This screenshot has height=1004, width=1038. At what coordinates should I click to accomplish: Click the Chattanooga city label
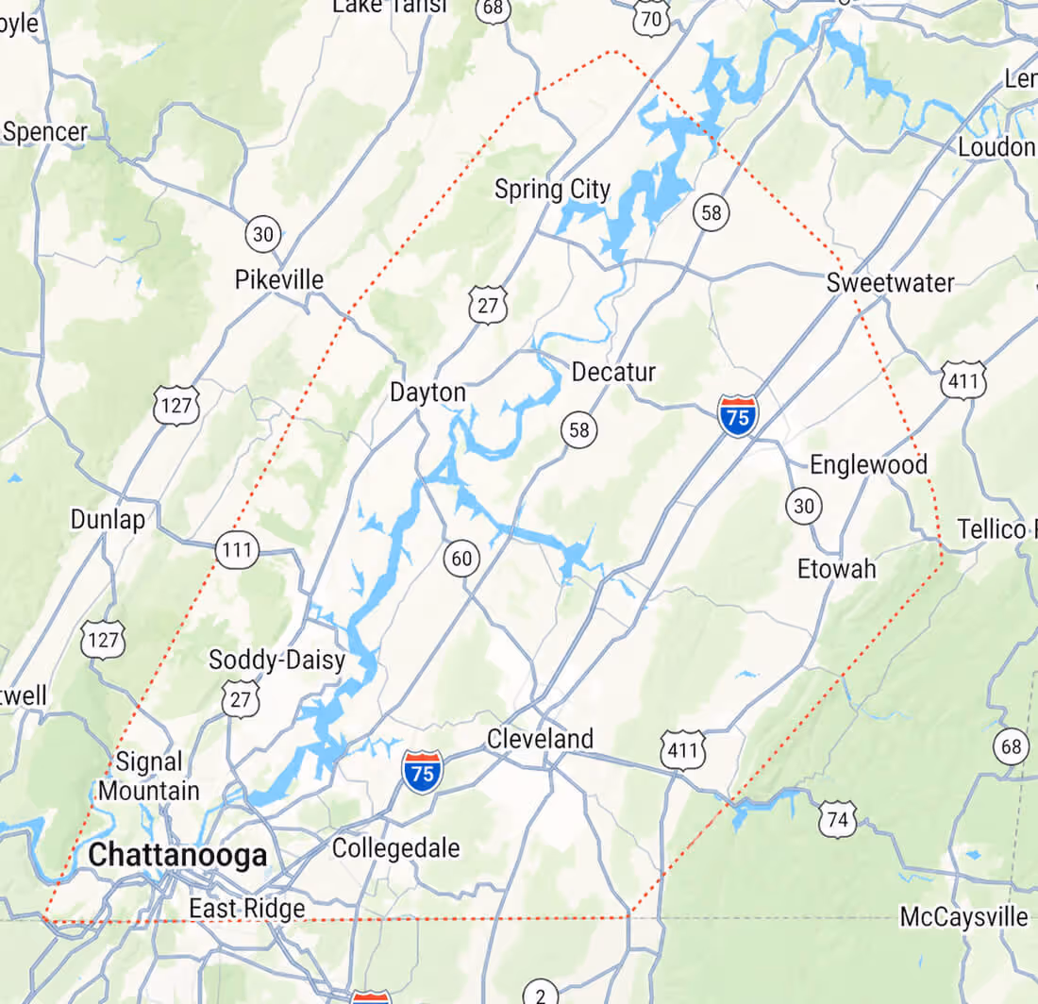pyautogui.click(x=177, y=856)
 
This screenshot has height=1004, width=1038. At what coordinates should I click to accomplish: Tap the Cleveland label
pyautogui.click(x=540, y=739)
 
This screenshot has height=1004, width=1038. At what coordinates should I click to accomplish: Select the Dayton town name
pyautogui.click(x=427, y=393)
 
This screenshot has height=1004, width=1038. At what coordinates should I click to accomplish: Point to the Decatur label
pyautogui.click(x=613, y=372)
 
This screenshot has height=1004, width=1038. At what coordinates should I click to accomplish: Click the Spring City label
pyautogui.click(x=552, y=190)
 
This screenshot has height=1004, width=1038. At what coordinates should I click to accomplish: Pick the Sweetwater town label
pyautogui.click(x=890, y=282)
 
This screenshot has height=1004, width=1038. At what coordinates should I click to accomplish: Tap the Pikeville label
pyautogui.click(x=278, y=280)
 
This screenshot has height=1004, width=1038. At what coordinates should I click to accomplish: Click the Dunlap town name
pyautogui.click(x=109, y=519)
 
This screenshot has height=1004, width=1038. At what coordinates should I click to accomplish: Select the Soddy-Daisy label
pyautogui.click(x=277, y=660)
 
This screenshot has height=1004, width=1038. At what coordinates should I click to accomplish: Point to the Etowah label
pyautogui.click(x=836, y=569)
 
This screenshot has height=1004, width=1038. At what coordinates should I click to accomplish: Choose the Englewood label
pyautogui.click(x=869, y=464)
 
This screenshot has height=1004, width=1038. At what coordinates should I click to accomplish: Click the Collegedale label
pyautogui.click(x=396, y=848)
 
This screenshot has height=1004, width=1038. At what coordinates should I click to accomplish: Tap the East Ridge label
pyautogui.click(x=247, y=909)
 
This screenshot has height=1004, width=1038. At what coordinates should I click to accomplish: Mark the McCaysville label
pyautogui.click(x=963, y=916)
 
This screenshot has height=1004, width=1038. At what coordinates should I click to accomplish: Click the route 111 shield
pyautogui.click(x=236, y=550)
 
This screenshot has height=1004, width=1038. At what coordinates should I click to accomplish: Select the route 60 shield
pyautogui.click(x=461, y=559)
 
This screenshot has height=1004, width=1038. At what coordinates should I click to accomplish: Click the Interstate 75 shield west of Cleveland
pyautogui.click(x=423, y=772)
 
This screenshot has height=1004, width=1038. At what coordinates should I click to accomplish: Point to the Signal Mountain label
pyautogui.click(x=149, y=776)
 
